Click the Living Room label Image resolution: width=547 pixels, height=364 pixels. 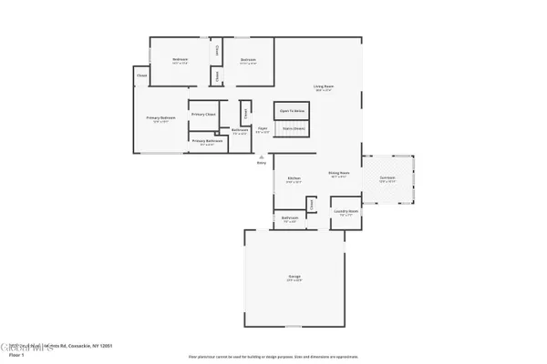tap(324, 86)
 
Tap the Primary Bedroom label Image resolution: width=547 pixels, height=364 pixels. tap(160, 117)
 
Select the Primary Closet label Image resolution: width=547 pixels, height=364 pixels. tap(204, 115)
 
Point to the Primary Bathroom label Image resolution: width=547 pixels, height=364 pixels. tap(208, 140)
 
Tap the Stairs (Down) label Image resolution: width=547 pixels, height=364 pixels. tap(293, 128)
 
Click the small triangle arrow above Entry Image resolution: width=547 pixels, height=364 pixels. tap(261, 156)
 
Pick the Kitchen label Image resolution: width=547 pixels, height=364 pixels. tap(294, 177)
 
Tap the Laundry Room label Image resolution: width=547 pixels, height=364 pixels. tap(346, 213)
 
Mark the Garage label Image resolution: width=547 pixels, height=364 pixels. tap(295, 276)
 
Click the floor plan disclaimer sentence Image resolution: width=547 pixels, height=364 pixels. tap(273, 358)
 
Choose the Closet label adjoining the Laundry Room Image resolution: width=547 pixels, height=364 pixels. tap(312, 205)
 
